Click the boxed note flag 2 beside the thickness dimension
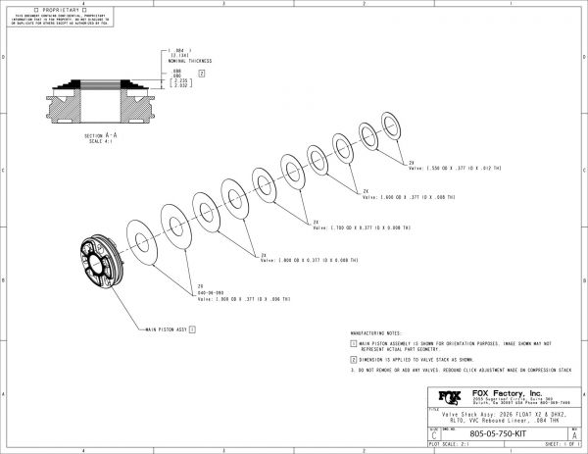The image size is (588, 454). [x=201, y=74]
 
